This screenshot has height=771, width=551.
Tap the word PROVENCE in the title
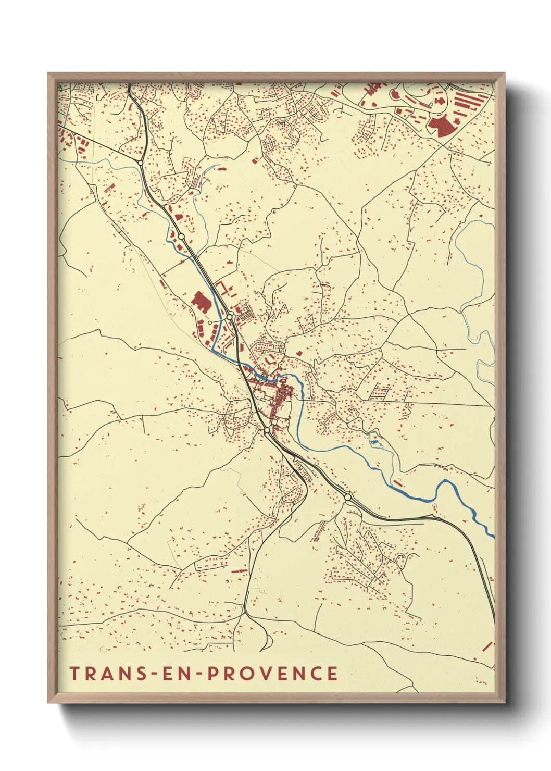[272, 673]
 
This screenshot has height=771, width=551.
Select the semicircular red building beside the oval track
[394, 94]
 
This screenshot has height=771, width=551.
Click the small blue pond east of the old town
[374, 442]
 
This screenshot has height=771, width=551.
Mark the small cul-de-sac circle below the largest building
[210, 322]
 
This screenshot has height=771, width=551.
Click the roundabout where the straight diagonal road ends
[141, 163]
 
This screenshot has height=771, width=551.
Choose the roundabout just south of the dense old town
[267, 430]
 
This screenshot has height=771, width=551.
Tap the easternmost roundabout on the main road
[347, 498]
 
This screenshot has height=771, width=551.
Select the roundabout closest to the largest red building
[229, 316]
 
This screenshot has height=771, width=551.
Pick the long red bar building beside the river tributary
[397, 483]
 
